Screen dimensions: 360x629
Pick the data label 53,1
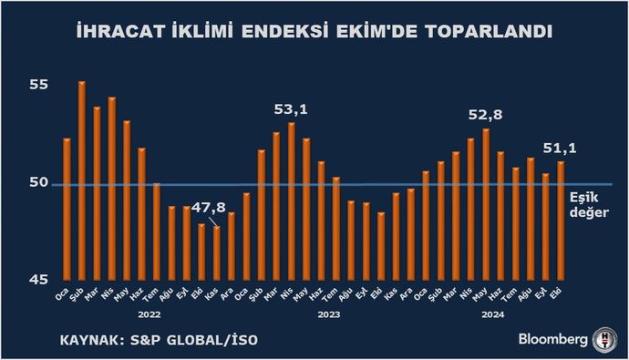pos(291,109)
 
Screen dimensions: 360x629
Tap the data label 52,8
pos(486,115)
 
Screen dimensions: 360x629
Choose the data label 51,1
pos(560,149)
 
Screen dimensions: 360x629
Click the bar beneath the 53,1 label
pos(292,201)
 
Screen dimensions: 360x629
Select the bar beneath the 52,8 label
pos(486,204)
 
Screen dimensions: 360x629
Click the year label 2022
pos(150,314)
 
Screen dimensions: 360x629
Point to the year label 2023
pos(329,314)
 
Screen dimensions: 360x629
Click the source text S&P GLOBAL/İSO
pos(206,342)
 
